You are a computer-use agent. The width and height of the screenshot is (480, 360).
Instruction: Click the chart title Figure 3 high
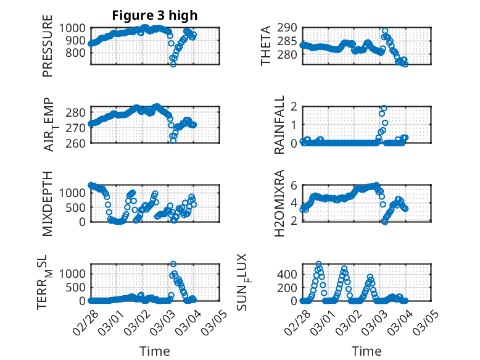[x=155, y=15]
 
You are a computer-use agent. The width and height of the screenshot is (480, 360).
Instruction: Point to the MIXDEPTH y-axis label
[x=48, y=203]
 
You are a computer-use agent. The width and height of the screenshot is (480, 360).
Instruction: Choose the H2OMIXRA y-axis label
[x=279, y=203]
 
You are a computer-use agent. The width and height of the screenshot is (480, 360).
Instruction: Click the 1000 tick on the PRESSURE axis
[x=75, y=28]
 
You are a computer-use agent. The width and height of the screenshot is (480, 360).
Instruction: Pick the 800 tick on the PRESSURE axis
[x=77, y=52]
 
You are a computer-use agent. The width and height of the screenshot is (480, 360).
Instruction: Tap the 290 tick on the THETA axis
[x=290, y=28]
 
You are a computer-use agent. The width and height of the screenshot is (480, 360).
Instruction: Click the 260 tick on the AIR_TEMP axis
[x=77, y=143]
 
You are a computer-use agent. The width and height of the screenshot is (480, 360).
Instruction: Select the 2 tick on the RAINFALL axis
[x=294, y=107]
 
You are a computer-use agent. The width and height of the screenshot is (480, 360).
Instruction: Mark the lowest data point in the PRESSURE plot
[x=173, y=64]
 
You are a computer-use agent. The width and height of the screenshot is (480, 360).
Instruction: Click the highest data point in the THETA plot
[x=385, y=30]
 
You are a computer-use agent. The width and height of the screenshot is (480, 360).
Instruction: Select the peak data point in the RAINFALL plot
[x=384, y=108]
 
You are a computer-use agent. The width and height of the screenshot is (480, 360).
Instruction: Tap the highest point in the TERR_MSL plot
[x=173, y=264]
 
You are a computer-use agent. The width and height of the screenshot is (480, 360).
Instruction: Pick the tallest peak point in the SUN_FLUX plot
[x=318, y=264]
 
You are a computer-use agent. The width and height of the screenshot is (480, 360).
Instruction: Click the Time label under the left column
[x=155, y=351]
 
